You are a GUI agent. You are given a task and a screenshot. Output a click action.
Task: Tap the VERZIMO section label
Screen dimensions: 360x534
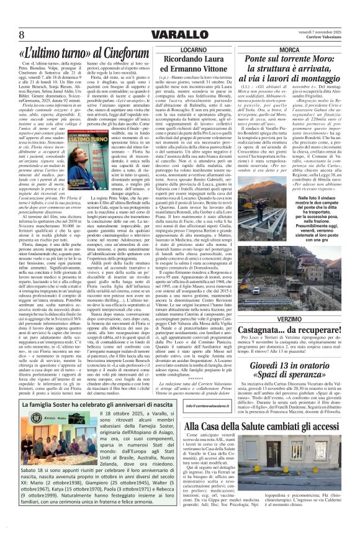point(289,318)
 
